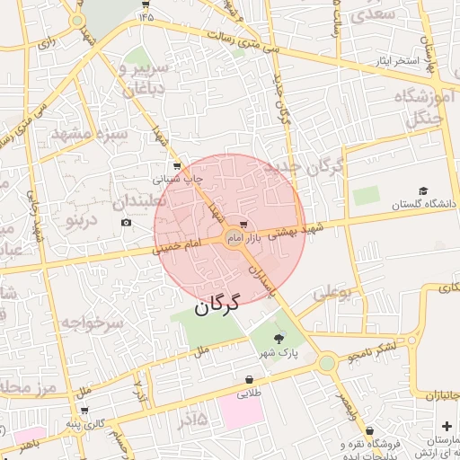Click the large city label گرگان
click(217, 303)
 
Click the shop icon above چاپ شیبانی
click(177, 165)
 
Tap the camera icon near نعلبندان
click(125, 222)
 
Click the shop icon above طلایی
click(249, 380)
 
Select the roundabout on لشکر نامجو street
click(326, 362)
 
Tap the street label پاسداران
click(259, 281)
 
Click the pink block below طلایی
click(240, 411)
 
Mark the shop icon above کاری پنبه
click(84, 410)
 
